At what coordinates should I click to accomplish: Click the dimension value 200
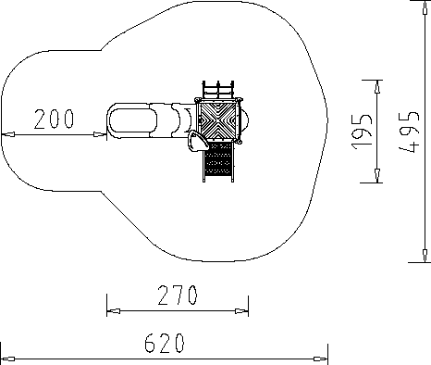[x=54, y=119]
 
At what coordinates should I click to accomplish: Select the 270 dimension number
[x=178, y=295]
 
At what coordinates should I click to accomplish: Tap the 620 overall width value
[x=165, y=343]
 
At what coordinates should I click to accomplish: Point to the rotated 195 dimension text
[x=362, y=132]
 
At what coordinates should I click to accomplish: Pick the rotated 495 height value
[x=409, y=132]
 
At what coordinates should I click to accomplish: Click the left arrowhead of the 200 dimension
[x=7, y=134]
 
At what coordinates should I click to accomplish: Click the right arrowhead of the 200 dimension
[x=100, y=134]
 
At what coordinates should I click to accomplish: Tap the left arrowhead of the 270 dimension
[x=114, y=311]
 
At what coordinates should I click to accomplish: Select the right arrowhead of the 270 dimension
[x=241, y=311]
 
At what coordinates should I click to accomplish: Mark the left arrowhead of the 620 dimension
[x=7, y=359]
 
